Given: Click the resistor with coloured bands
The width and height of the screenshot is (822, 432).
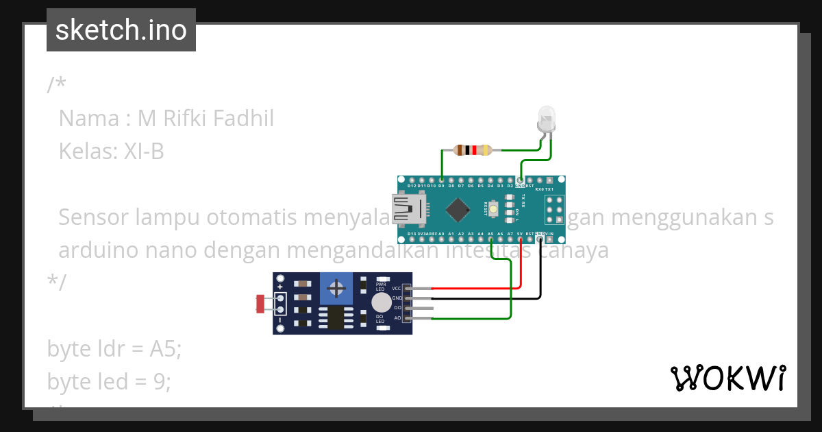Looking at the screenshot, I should click(x=472, y=149).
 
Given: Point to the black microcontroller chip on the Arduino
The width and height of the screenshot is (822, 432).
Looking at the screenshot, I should click(x=457, y=208).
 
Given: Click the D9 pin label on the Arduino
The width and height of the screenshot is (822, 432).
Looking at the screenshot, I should click(x=442, y=186).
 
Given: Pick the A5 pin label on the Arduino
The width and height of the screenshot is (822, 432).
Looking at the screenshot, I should click(x=490, y=234).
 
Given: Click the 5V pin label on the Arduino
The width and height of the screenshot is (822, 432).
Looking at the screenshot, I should click(x=520, y=234).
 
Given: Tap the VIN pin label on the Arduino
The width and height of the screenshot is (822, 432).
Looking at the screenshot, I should click(x=550, y=234).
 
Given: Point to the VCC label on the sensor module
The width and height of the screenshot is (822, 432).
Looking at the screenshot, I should click(x=397, y=289).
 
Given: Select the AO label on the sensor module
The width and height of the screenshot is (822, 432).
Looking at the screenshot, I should click(x=397, y=317).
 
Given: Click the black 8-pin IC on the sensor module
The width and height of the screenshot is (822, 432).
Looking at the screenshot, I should click(x=336, y=317).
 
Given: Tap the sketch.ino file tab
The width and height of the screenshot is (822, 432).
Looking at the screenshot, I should click(x=121, y=30).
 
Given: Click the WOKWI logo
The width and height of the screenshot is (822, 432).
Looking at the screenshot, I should click(x=728, y=378).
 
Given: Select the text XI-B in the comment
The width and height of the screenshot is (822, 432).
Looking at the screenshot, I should click(x=144, y=151).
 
